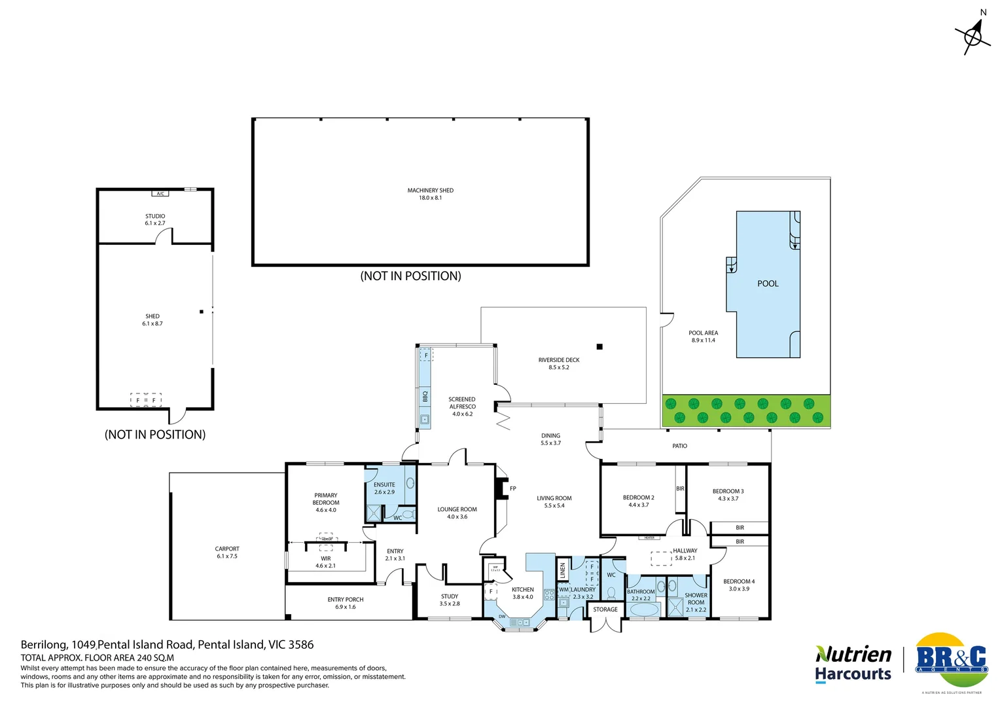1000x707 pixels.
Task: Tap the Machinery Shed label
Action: point(430,194)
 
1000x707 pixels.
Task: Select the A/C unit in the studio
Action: point(160,194)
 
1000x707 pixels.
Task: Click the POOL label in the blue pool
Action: point(768,283)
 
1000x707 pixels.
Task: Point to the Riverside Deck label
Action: point(558,363)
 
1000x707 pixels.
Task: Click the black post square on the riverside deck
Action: point(599,347)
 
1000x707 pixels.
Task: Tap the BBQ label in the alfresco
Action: point(425,397)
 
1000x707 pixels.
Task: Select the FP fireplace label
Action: point(513,488)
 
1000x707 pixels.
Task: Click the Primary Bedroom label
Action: point(325,502)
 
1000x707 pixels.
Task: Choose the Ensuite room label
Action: point(384,488)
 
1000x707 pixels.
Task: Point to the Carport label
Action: point(227,553)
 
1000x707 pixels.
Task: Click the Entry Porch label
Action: point(345,603)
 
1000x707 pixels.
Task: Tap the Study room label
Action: point(450,600)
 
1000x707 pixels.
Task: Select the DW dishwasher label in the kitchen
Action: point(502,617)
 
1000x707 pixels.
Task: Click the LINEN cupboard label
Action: point(562,571)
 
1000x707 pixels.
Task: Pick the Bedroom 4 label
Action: point(739,585)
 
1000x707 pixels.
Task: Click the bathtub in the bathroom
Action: point(645,609)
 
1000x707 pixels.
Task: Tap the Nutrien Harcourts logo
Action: point(853,664)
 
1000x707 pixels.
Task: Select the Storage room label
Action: point(605,609)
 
